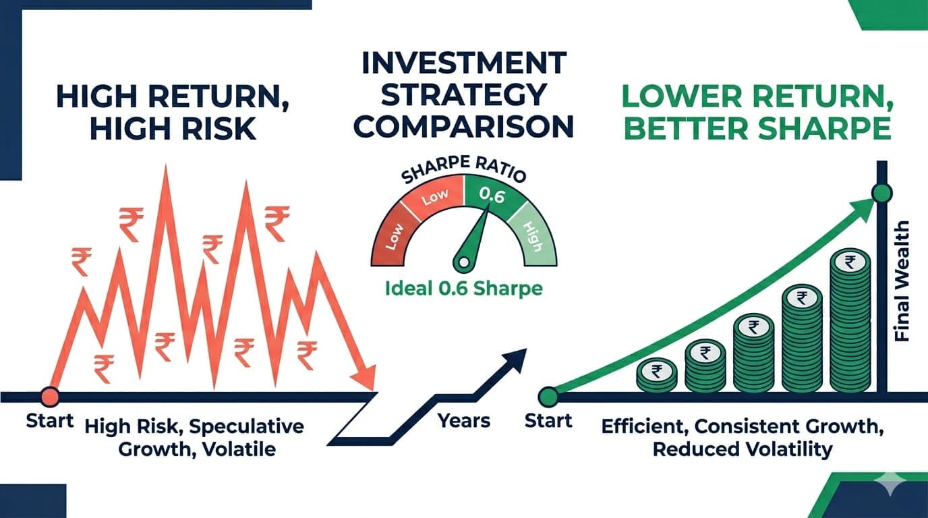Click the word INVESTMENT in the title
[463, 63]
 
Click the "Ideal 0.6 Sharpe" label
[463, 289]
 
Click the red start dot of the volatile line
[49, 396]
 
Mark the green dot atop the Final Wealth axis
[882, 194]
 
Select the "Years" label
[464, 421]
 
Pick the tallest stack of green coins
[850, 320]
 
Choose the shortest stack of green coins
[656, 375]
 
